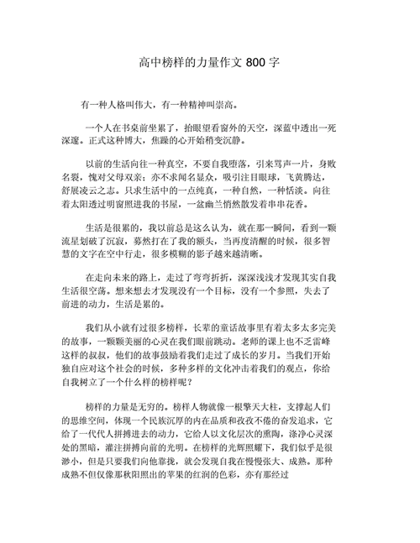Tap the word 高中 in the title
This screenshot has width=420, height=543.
(149, 64)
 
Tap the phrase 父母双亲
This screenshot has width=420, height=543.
(133, 177)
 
